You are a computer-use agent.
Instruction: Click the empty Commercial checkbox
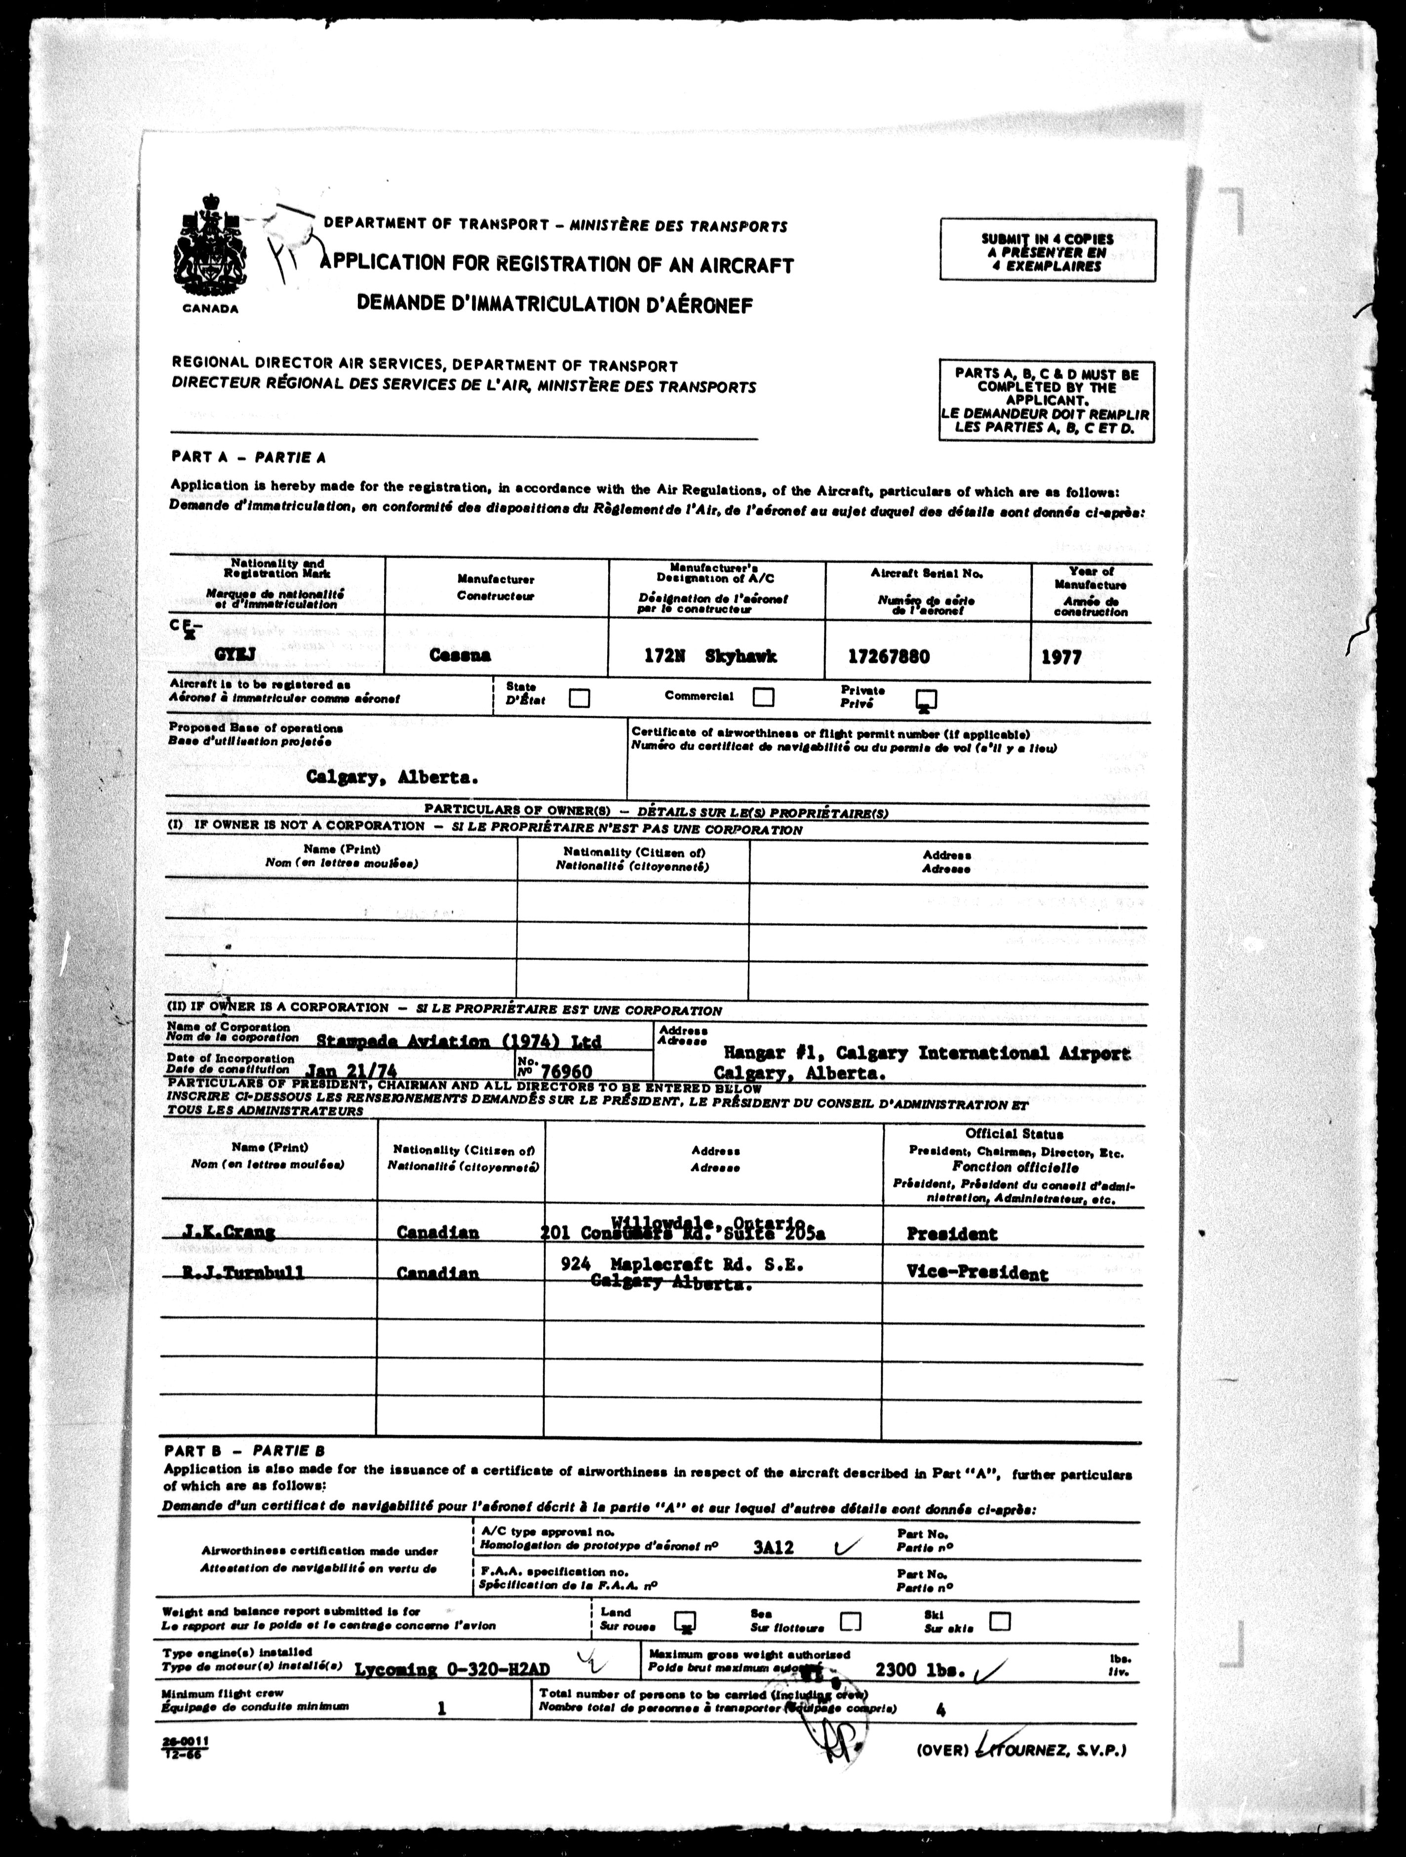(x=763, y=697)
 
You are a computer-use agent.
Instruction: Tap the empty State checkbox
(x=579, y=698)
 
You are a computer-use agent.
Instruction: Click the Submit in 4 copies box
(x=1048, y=250)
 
